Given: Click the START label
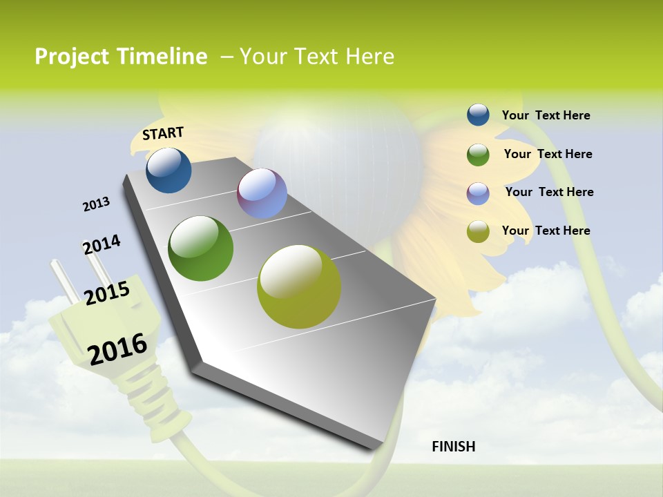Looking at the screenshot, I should [163, 133].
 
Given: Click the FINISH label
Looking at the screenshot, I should [453, 447].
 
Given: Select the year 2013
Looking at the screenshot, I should [96, 204].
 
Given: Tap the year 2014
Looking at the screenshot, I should [102, 245].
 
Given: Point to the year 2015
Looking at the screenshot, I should [107, 293].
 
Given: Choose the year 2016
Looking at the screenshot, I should [117, 349].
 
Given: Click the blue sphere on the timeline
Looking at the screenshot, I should [169, 170].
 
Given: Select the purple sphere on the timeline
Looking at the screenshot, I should [262, 193].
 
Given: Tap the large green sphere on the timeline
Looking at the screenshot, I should [201, 248].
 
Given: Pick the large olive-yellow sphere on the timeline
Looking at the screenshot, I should [299, 286].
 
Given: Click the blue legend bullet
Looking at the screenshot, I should [478, 115].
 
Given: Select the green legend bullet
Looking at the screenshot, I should [478, 154].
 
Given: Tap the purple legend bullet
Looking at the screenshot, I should [478, 193].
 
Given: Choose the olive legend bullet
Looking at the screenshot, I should [478, 231].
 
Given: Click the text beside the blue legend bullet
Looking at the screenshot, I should [546, 115].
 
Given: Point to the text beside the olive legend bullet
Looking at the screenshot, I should [546, 231].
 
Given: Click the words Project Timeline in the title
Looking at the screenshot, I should [121, 57].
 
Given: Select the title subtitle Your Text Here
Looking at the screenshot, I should [316, 57].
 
